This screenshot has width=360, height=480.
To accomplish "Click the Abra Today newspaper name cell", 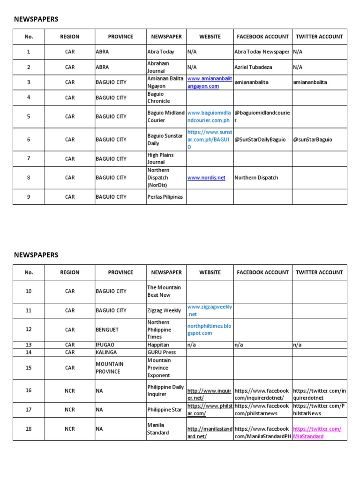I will click(161, 52).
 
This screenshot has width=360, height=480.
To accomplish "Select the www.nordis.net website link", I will click(206, 178).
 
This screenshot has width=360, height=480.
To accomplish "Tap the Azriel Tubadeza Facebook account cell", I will click(254, 67).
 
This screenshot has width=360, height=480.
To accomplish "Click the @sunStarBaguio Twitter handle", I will click(313, 140).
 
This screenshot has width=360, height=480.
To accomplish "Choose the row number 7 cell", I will click(29, 158).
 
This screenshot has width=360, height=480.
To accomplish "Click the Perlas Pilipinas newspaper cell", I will click(165, 197).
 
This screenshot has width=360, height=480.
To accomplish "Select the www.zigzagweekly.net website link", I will click(210, 310).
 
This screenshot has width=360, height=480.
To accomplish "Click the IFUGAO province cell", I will click(105, 345).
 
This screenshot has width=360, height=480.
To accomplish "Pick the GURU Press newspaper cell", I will click(162, 352).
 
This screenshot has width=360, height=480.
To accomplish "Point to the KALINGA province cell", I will click(106, 352).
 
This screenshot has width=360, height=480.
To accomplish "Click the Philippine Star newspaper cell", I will click(165, 409).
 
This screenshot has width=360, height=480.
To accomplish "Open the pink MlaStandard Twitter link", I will click(317, 433).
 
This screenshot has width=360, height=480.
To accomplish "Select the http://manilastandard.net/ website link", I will click(210, 433).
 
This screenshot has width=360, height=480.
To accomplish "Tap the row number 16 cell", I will click(29, 390).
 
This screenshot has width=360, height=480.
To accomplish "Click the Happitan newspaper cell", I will click(159, 345).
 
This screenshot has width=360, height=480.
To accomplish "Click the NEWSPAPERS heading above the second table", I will click(36, 255).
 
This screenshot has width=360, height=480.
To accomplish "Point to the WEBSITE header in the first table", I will click(210, 37).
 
